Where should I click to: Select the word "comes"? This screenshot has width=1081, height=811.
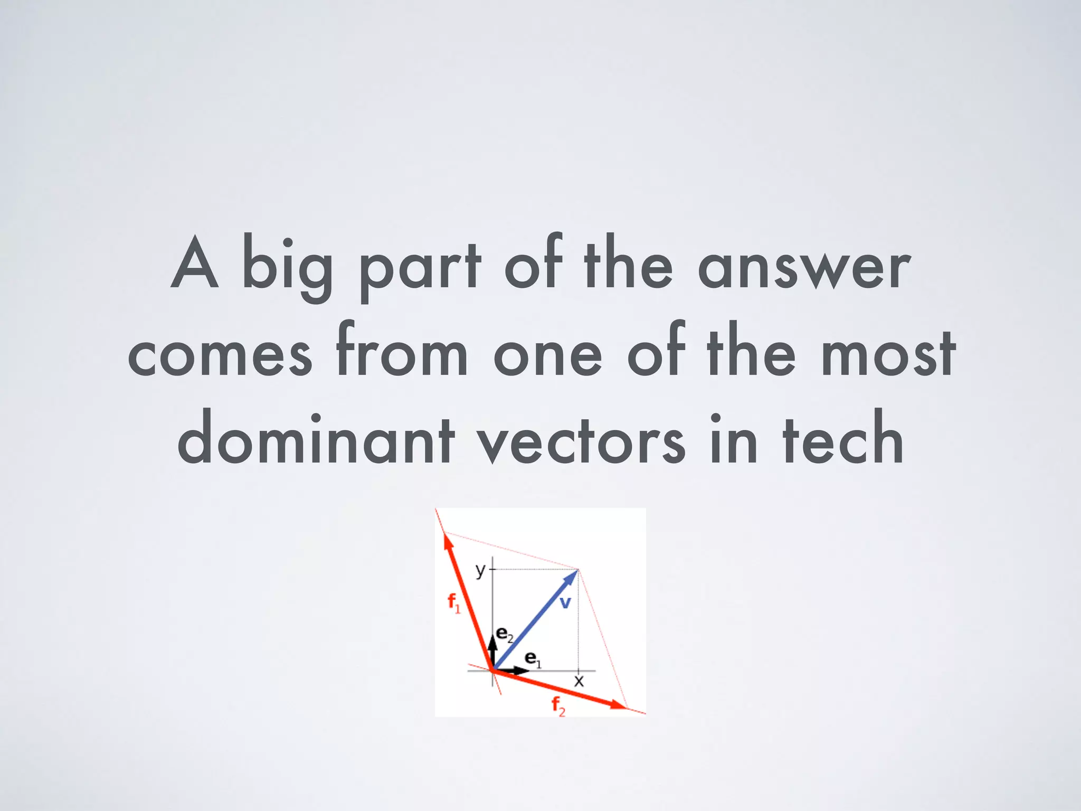pos(220,354)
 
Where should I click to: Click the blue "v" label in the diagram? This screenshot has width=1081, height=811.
pos(565,602)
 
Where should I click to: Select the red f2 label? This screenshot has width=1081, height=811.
pos(558,706)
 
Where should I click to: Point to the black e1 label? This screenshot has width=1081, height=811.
pos(533,659)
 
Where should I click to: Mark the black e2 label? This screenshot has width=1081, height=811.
pos(505,635)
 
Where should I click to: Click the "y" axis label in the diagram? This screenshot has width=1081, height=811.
pos(480,570)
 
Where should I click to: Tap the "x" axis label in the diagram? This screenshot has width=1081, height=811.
pos(579,681)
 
